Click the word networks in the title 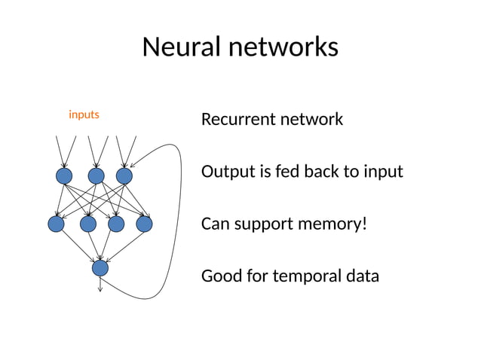(283, 47)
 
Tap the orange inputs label (84, 114)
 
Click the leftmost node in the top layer (64, 175)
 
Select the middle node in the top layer (96, 175)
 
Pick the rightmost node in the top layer (124, 175)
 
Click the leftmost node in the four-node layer (56, 224)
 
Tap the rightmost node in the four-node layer (144, 224)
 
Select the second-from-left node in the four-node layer (88, 224)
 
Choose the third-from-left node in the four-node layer (116, 224)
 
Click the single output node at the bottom (100, 267)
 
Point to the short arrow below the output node (100, 284)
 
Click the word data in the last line (362, 276)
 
